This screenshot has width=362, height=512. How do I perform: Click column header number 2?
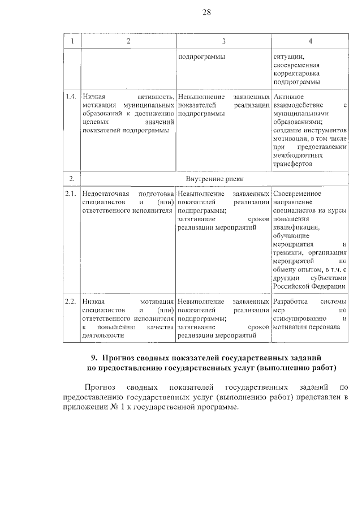[128, 42]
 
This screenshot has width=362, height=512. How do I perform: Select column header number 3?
[223, 42]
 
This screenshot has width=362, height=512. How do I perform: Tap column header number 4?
[310, 42]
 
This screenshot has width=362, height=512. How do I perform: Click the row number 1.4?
[71, 97]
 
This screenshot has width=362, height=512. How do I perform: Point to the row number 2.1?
[71, 194]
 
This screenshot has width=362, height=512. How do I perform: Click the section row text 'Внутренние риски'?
[215, 179]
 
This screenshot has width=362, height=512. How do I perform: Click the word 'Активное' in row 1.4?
[287, 97]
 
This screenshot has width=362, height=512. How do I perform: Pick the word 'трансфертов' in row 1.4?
[292, 164]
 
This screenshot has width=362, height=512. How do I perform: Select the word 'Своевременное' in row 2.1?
[297, 194]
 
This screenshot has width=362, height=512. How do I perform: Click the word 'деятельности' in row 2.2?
[102, 335]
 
